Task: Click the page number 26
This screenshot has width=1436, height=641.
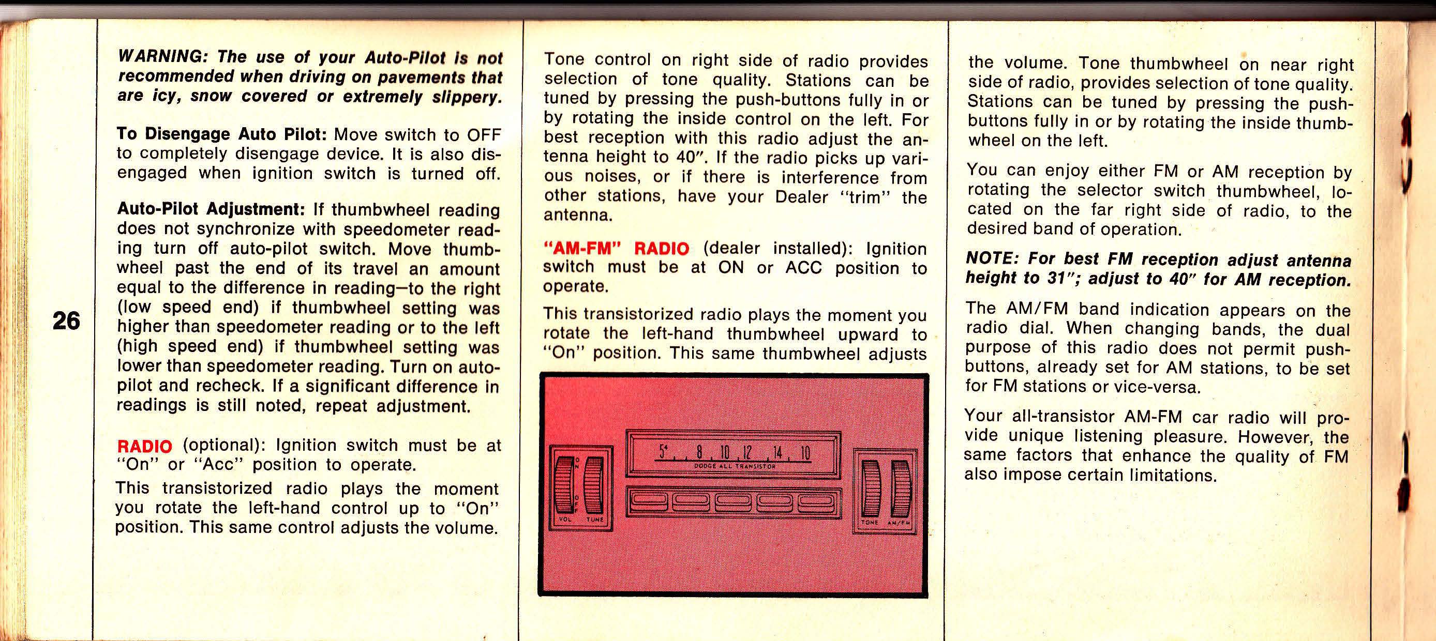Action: (66, 321)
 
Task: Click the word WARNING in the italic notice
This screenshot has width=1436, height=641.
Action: (159, 57)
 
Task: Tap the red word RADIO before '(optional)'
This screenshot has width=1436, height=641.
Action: (144, 446)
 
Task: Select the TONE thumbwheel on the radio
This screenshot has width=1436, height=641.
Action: (870, 487)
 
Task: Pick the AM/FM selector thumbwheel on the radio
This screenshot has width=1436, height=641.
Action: (899, 487)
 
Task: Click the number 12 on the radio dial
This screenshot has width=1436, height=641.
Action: (747, 452)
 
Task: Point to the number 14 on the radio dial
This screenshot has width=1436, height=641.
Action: (777, 452)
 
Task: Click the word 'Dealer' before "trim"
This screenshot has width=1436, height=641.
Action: (802, 196)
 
